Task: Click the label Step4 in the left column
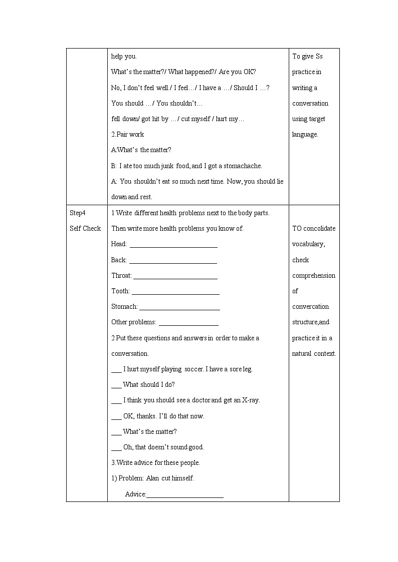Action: (78, 213)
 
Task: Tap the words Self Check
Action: (85, 229)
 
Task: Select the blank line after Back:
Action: (173, 261)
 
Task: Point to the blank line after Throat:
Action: (175, 277)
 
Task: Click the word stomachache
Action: (243, 166)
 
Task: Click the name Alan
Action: (152, 478)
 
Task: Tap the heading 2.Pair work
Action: (127, 135)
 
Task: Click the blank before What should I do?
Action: (116, 386)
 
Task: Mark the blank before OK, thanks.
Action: (116, 417)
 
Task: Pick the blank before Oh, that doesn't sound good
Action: (116, 448)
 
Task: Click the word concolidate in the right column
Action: (319, 229)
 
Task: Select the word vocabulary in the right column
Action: (308, 244)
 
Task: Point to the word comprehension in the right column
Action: (314, 276)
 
